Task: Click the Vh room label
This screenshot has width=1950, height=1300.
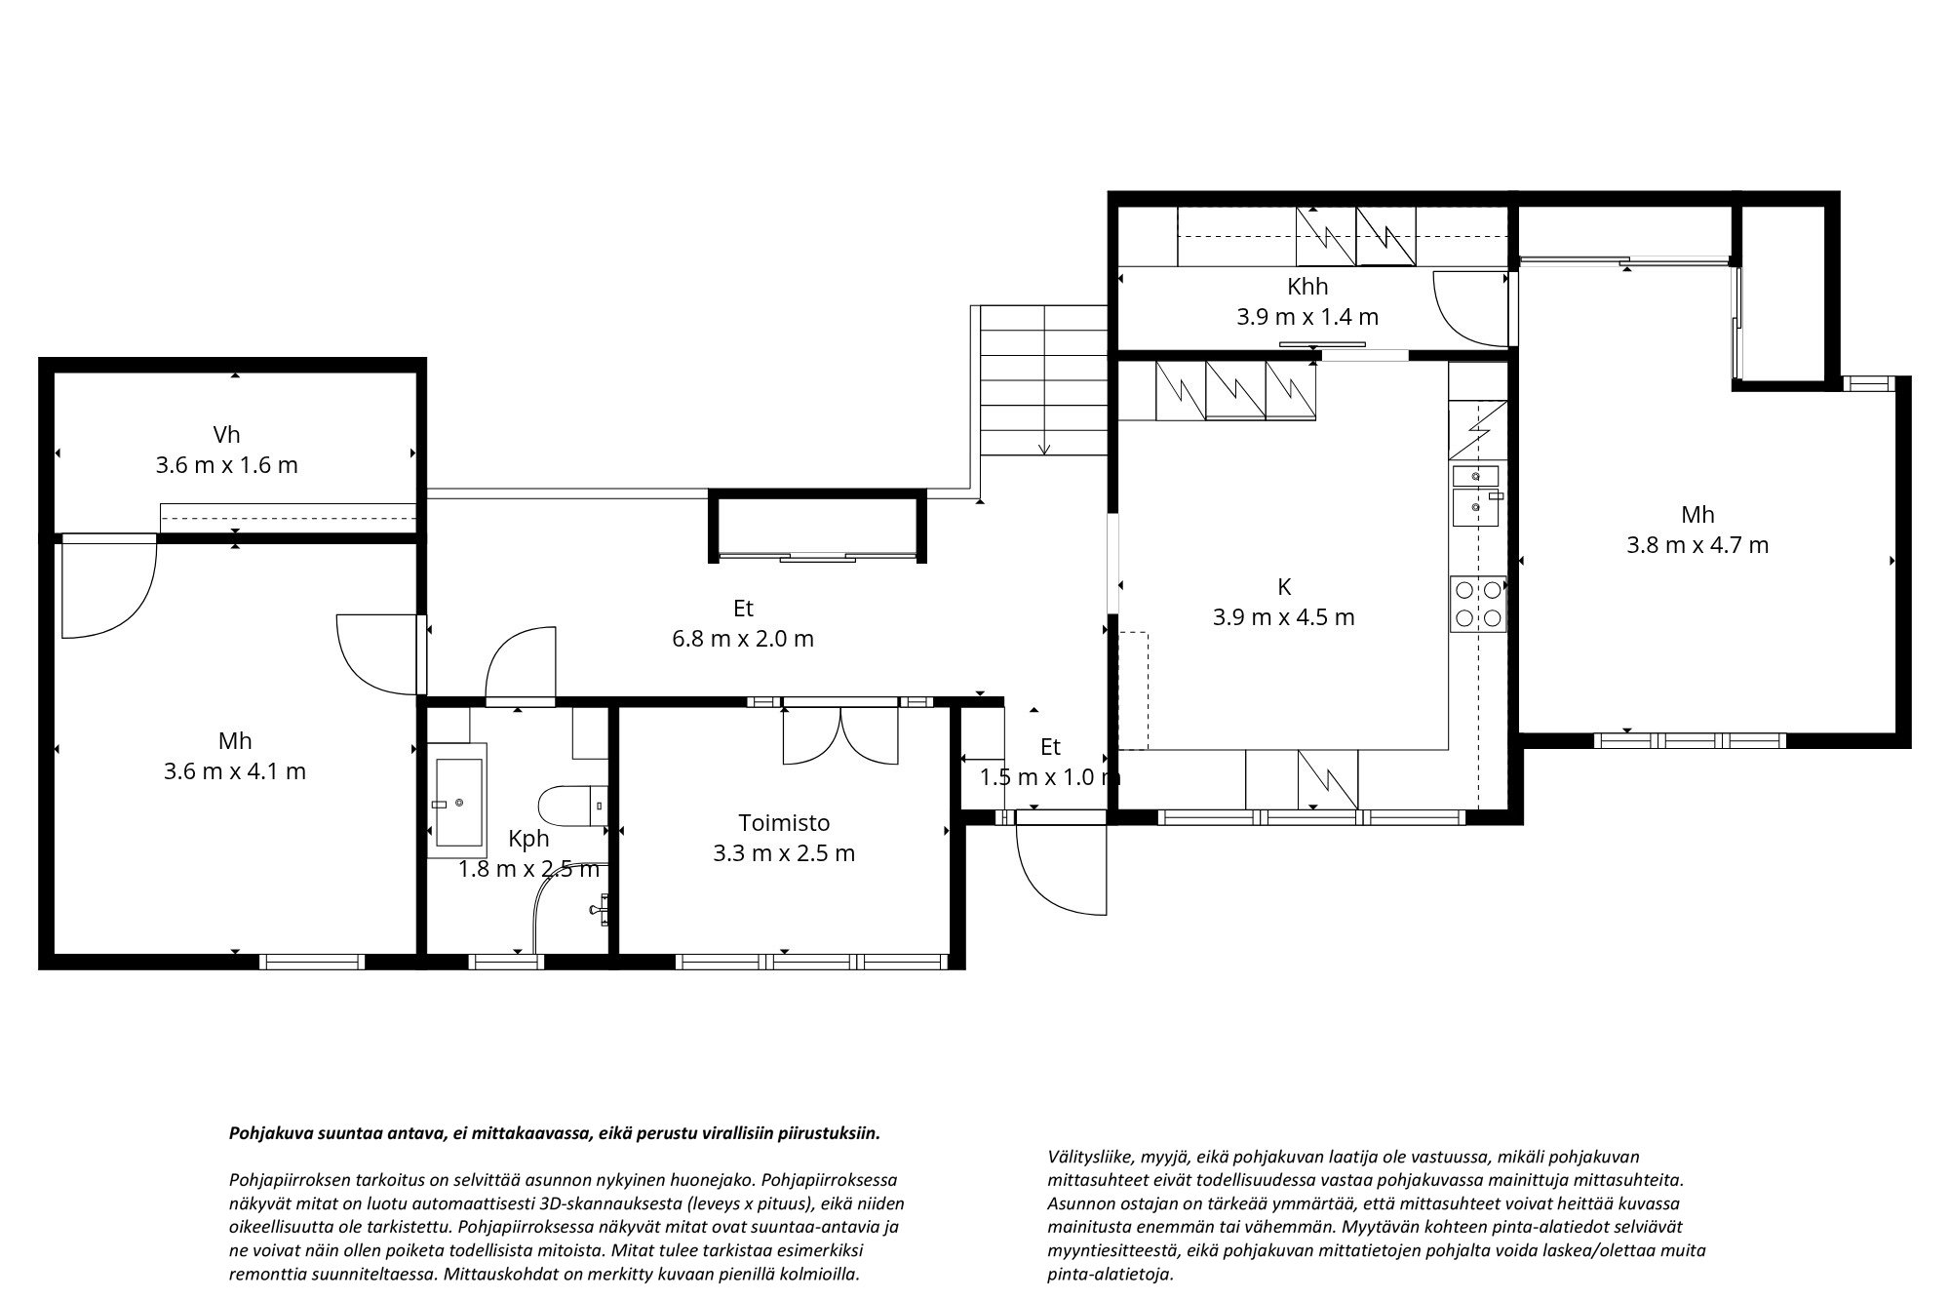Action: (x=226, y=435)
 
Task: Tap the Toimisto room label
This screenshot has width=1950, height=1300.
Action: (x=784, y=823)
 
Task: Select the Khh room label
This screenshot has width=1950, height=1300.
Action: (x=1307, y=287)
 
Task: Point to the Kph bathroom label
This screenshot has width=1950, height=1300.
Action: (x=528, y=839)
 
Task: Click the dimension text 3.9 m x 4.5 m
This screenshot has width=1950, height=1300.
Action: (x=1284, y=617)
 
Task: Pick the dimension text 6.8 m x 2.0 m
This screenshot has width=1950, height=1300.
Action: (x=743, y=639)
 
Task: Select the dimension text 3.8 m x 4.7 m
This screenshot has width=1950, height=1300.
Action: (x=1697, y=545)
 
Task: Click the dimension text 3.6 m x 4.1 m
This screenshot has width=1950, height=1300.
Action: (x=235, y=771)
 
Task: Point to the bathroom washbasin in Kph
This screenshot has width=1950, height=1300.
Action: (x=458, y=804)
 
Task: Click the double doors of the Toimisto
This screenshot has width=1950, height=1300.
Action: (x=840, y=737)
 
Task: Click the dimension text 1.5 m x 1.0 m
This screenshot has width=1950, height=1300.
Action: (x=1050, y=777)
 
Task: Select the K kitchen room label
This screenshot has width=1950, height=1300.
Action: (x=1284, y=587)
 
